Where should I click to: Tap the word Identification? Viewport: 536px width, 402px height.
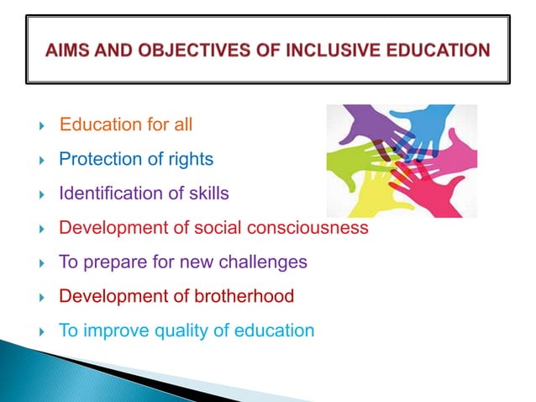tap(104, 193)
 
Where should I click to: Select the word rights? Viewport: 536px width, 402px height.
tap(192, 159)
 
